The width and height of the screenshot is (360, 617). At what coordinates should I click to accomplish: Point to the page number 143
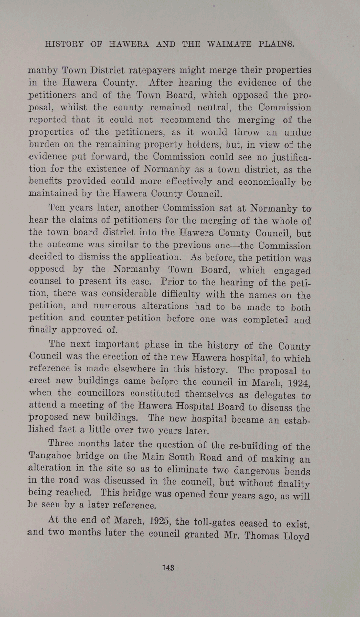[x=168, y=568]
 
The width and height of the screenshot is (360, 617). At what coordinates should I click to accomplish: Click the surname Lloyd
[x=296, y=537]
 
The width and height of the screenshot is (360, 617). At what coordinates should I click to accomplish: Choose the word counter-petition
[x=126, y=318]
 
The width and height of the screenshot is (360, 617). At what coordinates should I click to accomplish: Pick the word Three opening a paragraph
[x=61, y=443]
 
